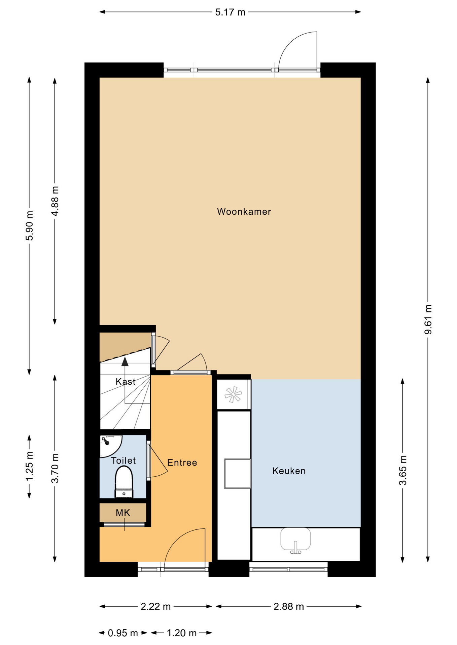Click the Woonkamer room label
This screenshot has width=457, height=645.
click(244, 212)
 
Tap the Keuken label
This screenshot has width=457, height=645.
click(289, 471)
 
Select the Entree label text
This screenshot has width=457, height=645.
click(182, 463)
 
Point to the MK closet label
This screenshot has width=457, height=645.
click(123, 513)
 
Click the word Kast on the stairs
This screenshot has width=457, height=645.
click(126, 382)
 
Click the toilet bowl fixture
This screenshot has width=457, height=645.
click(124, 481)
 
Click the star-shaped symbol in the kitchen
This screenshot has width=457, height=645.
click(233, 395)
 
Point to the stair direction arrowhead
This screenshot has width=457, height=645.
click(125, 361)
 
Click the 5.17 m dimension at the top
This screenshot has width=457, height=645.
click(230, 12)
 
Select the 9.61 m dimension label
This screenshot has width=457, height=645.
click(428, 319)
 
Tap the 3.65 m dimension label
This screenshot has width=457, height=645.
click(403, 470)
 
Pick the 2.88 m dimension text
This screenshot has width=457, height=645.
click(289, 606)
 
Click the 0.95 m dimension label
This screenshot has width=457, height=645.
click(123, 633)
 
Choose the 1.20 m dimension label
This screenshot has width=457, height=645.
click(182, 633)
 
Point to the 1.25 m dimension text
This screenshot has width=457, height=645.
click(30, 467)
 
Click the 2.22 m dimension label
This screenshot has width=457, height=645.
click(155, 606)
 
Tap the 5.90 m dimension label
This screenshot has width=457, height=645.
click(30, 226)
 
